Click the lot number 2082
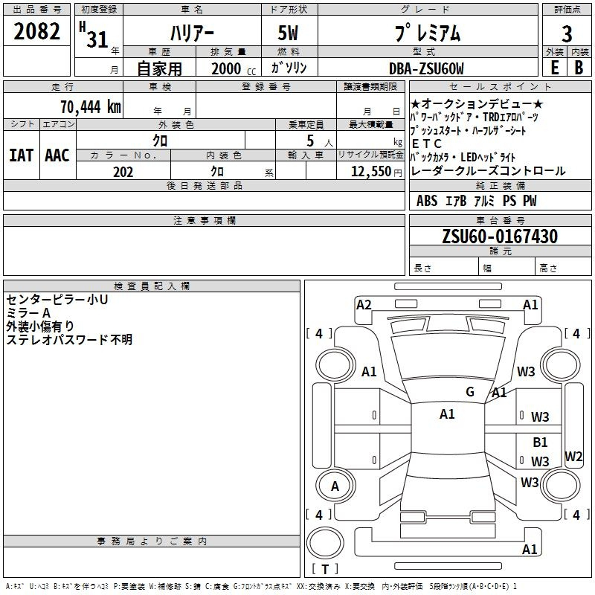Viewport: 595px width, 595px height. point(36,31)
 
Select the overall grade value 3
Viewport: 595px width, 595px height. point(567,33)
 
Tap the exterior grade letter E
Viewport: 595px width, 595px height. point(555,68)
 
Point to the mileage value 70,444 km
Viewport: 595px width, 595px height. point(91,106)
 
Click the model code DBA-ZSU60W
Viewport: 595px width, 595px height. point(426,68)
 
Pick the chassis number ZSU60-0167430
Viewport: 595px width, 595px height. point(500,236)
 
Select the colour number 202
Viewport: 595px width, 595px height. point(123,172)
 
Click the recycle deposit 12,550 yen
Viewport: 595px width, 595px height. point(376,171)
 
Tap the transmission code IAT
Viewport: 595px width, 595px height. point(22,155)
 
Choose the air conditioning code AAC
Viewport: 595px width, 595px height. point(57,155)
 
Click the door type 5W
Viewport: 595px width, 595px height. point(288,33)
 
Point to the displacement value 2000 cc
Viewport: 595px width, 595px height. point(234,68)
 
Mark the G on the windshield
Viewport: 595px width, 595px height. point(470,391)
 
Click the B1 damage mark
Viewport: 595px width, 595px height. point(540,442)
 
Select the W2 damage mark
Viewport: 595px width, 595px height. point(573,456)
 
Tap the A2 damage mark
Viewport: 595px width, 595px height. point(364,305)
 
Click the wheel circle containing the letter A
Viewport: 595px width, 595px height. point(335,486)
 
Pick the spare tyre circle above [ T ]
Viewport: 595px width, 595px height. point(325,543)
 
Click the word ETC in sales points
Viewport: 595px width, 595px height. point(426,144)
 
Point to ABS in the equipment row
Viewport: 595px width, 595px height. point(427,201)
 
